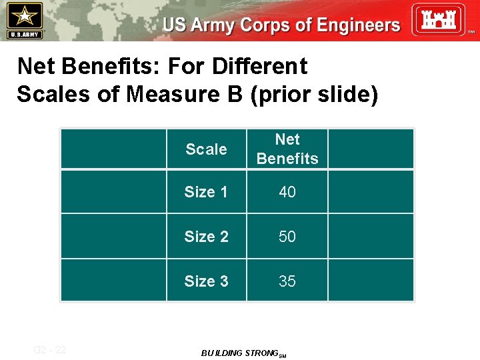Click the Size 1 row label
[x=206, y=192]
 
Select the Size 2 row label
[x=206, y=237]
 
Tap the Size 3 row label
[x=206, y=281]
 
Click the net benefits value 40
[x=287, y=192]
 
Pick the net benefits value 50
[x=287, y=237]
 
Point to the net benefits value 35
[x=287, y=281]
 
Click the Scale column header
[x=206, y=149]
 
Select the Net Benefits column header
[x=287, y=149]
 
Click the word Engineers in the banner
[x=350, y=25]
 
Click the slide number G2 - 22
[x=50, y=349]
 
